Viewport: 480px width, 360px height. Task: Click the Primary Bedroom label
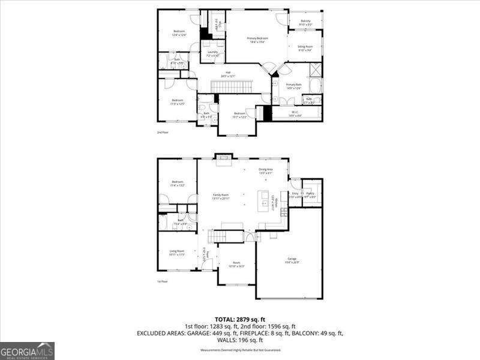257,40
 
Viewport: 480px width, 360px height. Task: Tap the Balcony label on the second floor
305,22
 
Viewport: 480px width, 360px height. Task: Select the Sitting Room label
305,48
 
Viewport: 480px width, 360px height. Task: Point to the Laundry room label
212,53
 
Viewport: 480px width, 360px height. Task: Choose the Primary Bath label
293,86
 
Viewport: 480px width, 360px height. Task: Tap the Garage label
292,260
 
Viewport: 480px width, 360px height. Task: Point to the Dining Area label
266,171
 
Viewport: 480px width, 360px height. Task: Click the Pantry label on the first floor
311,194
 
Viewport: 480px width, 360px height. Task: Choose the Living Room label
176,253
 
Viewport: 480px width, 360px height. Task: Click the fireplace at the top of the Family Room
223,158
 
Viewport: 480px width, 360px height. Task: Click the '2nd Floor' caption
163,132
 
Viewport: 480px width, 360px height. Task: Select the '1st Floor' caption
163,281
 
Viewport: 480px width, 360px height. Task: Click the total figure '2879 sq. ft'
253,319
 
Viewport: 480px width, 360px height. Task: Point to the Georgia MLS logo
27,350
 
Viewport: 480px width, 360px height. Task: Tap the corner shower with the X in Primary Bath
316,70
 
